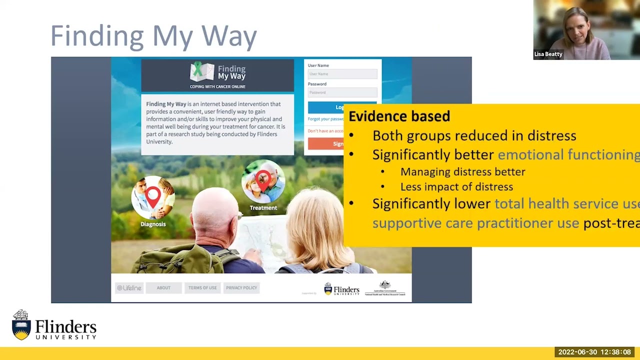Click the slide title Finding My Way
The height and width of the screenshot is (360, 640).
[x=153, y=36]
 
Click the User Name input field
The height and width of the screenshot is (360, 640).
[x=342, y=74]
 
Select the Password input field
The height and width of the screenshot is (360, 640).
[x=342, y=92]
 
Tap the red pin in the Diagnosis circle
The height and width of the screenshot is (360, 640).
[x=153, y=196]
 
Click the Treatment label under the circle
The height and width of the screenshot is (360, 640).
[x=263, y=208]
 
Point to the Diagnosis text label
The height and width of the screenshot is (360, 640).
[x=153, y=224]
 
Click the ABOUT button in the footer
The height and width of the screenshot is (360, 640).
[x=163, y=288]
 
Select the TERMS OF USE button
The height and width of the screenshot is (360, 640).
[x=202, y=288]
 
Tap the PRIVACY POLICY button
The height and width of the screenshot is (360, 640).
[x=241, y=288]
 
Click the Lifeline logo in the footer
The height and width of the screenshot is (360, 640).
[x=129, y=288]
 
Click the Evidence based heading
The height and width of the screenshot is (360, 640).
[x=399, y=116]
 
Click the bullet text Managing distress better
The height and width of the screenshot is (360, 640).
[x=462, y=172]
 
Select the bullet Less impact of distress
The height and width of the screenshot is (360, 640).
[x=456, y=187]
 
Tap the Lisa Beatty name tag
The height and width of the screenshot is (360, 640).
[x=548, y=54]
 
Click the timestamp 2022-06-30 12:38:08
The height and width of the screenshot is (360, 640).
[x=594, y=352]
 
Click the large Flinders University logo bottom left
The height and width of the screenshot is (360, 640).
[x=54, y=325]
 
